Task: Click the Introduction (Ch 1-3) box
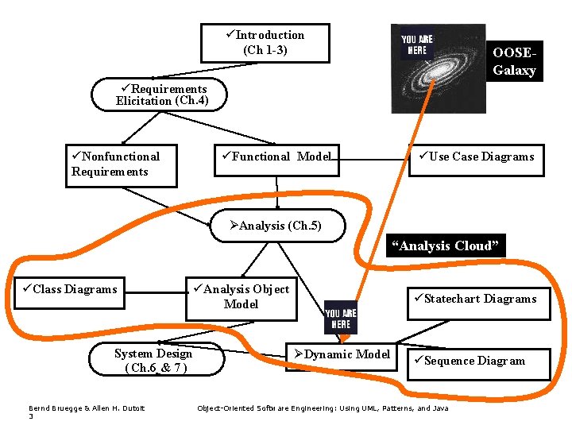point(265,42)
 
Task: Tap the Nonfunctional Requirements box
point(120,164)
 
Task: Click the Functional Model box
point(276,157)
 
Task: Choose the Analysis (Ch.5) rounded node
point(280,226)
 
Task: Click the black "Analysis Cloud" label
point(446,245)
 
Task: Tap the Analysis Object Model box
point(241,297)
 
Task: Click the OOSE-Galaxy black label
point(515,61)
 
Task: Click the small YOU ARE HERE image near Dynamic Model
point(340,319)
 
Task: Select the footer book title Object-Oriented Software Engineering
point(323,408)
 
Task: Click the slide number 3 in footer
point(31,416)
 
